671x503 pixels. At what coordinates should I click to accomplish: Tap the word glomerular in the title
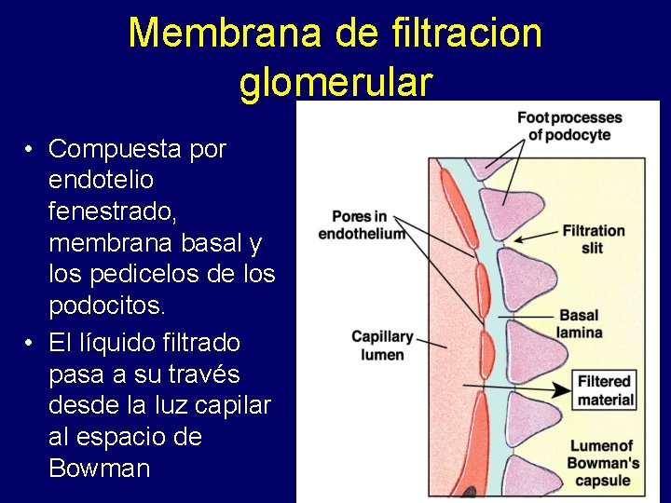coord(335,82)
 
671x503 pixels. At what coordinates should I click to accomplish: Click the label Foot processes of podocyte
coord(569,126)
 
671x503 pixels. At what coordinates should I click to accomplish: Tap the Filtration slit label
coord(593,238)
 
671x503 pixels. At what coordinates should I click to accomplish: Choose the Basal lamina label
coord(579,323)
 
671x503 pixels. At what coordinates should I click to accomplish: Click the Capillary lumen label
coord(382,345)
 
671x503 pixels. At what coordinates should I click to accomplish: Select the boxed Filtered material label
coord(605,390)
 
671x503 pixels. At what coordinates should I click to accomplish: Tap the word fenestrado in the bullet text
coord(112,211)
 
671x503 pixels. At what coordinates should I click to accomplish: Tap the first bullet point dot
coord(31,150)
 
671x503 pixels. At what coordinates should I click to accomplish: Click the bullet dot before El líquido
coord(31,344)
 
